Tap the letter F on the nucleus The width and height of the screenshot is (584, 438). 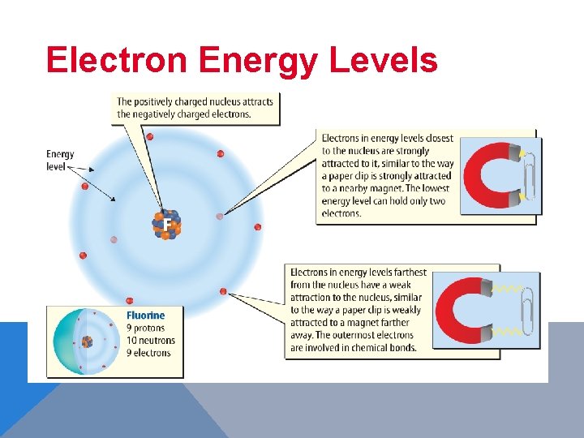click(166, 224)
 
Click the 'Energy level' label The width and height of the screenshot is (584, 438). click(60, 160)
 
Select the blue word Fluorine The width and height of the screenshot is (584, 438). click(145, 316)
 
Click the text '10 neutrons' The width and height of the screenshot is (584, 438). click(150, 340)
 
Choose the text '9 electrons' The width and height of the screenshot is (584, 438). click(148, 353)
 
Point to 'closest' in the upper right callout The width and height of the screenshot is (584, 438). click(438, 139)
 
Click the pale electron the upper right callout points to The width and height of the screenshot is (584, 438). click(219, 217)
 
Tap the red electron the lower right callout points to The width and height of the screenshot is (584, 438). click(223, 291)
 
